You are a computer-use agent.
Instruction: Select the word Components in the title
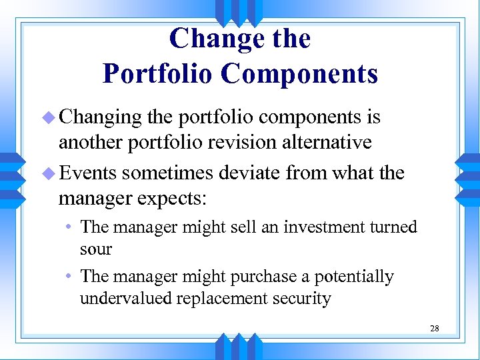[x=299, y=73]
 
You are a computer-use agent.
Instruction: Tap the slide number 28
[x=435, y=328]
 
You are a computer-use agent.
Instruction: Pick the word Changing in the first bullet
[x=101, y=118]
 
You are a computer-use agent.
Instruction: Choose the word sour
[x=96, y=249]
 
